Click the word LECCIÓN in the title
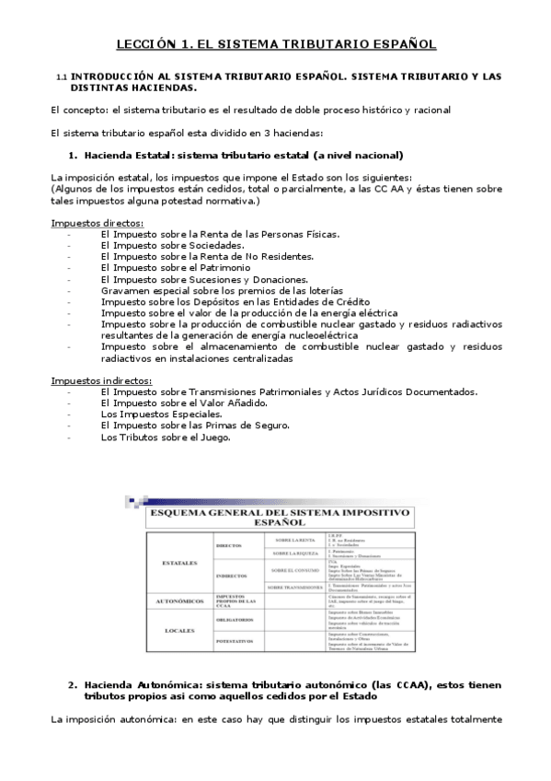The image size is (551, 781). [146, 43]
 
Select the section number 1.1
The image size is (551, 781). [62, 76]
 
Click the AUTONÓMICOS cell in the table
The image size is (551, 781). [179, 600]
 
